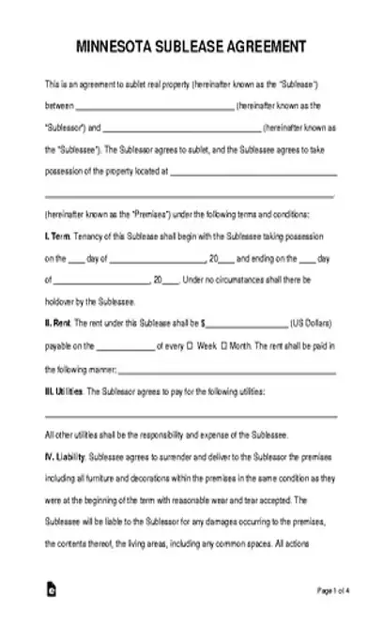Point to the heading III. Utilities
tap(65, 388)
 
